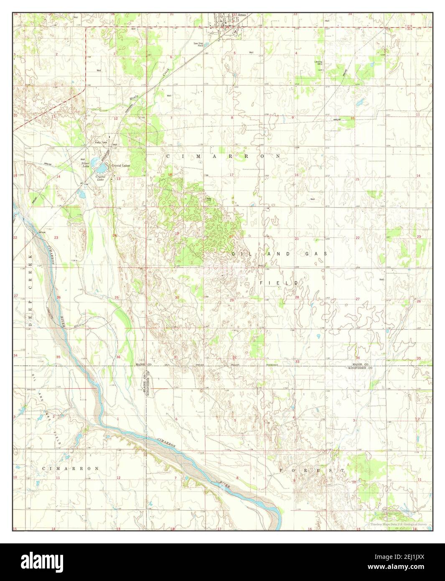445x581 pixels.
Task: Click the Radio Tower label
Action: tap(101, 142)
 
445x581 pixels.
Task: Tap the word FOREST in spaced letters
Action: tap(311, 470)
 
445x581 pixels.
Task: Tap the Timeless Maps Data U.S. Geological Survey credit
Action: tap(400, 524)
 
